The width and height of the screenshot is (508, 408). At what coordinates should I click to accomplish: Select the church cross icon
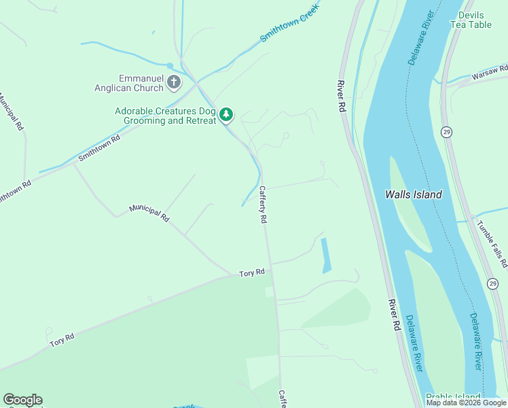[174, 83]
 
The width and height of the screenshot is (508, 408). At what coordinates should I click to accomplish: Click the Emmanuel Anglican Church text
[141, 83]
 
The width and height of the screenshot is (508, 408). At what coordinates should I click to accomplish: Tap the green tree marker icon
[226, 115]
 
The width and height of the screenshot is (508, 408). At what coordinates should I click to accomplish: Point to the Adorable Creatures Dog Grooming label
[165, 116]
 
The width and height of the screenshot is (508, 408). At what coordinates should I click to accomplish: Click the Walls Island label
[414, 194]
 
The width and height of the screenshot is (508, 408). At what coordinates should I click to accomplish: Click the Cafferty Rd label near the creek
[263, 205]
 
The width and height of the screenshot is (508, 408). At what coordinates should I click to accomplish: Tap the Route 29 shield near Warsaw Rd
[446, 131]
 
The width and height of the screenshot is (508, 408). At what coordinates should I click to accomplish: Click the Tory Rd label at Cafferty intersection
[251, 273]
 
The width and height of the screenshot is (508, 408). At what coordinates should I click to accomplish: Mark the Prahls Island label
[453, 397]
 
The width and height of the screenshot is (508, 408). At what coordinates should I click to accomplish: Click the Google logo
[22, 400]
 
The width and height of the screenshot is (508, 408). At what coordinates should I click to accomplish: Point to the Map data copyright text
[466, 403]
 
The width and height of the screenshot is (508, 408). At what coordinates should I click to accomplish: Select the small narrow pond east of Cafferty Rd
[326, 255]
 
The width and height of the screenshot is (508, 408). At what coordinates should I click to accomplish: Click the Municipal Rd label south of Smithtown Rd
[149, 214]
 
